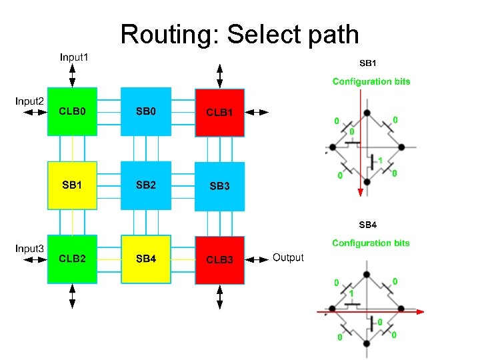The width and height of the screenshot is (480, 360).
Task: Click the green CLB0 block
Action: tap(72, 112)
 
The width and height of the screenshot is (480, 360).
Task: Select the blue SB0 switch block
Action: tap(145, 112)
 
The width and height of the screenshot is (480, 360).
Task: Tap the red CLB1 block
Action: tap(219, 112)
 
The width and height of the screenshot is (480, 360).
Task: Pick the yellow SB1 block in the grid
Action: tap(72, 185)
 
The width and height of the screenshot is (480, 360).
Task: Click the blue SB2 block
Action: tap(145, 185)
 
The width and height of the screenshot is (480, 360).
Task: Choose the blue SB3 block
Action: tap(219, 186)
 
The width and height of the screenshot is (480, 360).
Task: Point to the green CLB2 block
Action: tap(72, 259)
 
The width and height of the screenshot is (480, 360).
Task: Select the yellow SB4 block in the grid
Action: tap(145, 259)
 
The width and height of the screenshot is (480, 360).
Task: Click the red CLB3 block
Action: tap(219, 259)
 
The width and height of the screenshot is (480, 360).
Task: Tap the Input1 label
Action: tap(74, 57)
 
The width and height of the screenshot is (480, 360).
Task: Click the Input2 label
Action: tap(30, 101)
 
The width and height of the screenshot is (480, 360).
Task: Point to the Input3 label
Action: tap(30, 249)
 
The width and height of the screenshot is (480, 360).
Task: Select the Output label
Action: tap(288, 257)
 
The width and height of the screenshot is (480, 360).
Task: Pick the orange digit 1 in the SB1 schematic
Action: tap(380, 161)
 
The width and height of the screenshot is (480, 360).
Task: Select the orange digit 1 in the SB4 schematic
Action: tap(351, 293)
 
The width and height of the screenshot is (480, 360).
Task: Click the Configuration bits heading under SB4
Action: tap(371, 243)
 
